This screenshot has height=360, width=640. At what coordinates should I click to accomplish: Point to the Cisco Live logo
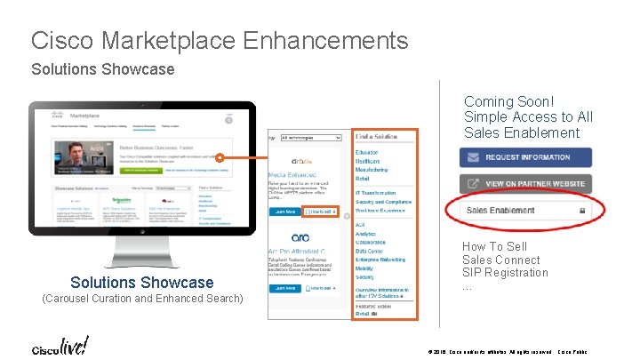(57, 345)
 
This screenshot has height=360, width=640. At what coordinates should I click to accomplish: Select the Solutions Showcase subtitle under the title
(103, 68)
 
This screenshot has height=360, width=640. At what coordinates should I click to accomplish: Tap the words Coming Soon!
(508, 101)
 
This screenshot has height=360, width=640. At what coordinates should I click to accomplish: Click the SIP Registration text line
(505, 273)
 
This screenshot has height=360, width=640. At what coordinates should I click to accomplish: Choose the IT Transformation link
(376, 193)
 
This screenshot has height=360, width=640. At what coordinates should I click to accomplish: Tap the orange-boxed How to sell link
(321, 212)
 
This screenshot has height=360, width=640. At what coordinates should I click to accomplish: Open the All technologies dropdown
(310, 138)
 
